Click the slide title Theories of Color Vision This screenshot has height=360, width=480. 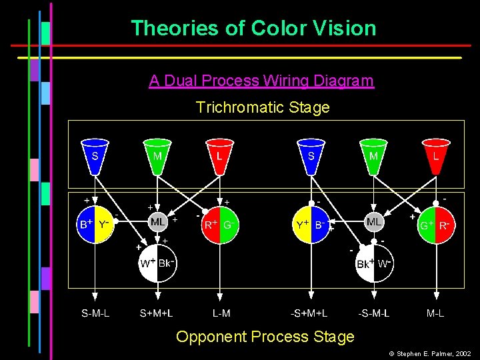tap(253, 29)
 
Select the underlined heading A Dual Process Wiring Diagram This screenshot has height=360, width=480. tap(261, 81)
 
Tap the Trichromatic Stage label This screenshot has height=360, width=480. tap(263, 107)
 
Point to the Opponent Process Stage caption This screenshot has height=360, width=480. tap(265, 337)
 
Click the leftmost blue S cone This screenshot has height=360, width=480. tap(95, 155)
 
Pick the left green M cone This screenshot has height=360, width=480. tap(157, 155)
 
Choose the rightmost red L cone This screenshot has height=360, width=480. tap(436, 155)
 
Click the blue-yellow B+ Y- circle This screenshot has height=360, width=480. tap(95, 225)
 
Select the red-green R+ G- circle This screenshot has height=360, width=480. tap(220, 225)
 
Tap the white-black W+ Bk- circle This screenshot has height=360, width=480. tap(157, 263)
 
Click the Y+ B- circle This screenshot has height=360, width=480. tap(311, 225)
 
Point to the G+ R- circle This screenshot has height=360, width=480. tap(436, 225)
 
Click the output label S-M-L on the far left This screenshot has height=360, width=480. tap(95, 312)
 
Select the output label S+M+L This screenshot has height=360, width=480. tap(157, 312)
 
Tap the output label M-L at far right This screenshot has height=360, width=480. tap(436, 312)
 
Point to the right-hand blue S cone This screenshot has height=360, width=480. tap(311, 155)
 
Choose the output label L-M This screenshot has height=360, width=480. tap(221, 312)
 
